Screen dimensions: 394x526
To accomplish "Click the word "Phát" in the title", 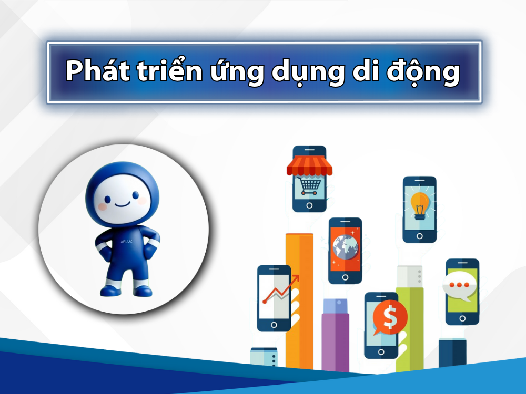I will (95, 72).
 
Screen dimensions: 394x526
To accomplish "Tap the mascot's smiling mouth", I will (122, 203).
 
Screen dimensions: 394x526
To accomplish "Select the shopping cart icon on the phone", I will (309, 185).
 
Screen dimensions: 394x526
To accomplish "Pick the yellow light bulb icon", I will (419, 205).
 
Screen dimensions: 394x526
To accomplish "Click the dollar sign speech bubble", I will (390, 317).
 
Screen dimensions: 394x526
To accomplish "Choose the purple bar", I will (335, 341).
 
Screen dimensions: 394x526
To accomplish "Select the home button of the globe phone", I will (345, 277).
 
